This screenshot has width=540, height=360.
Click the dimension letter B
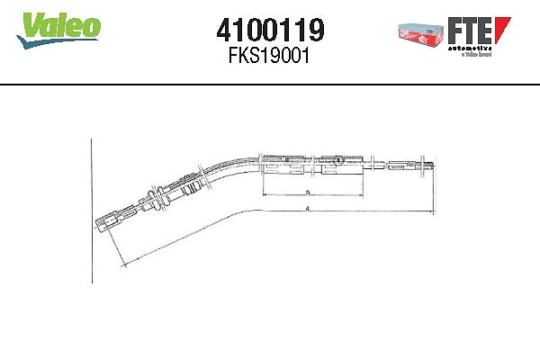[307, 193]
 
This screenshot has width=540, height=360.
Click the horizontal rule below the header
[270, 85]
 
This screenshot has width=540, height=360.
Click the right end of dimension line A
[433, 213]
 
